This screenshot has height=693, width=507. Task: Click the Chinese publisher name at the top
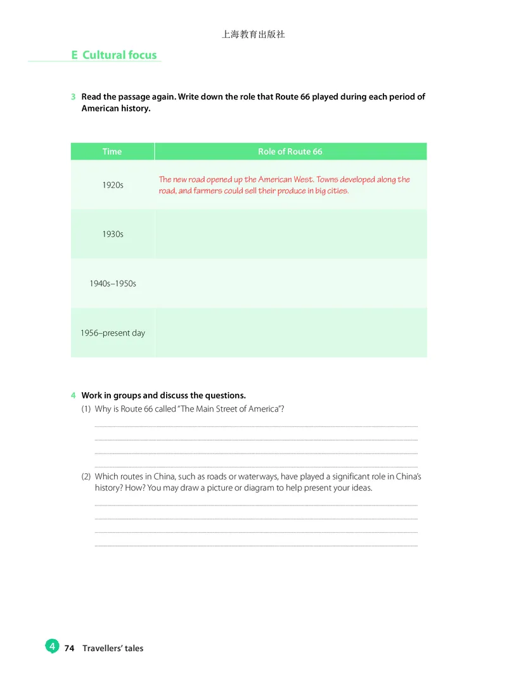click(253, 34)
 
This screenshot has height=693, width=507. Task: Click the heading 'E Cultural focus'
click(114, 55)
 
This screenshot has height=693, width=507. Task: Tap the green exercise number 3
click(74, 97)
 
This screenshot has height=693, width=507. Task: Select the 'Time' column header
click(112, 151)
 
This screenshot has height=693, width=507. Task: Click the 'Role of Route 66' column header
click(290, 151)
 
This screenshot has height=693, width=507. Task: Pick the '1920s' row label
click(113, 185)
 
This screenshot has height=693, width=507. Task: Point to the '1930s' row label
click(113, 234)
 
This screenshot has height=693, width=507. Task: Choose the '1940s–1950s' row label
click(113, 284)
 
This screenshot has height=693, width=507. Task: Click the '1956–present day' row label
click(113, 333)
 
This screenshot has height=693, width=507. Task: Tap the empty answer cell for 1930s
click(290, 234)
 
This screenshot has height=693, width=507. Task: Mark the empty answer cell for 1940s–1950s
click(290, 284)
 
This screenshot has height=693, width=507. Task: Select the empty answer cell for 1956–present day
click(290, 333)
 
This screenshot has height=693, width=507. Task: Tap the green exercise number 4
click(74, 396)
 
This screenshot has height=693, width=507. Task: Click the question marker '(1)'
click(87, 409)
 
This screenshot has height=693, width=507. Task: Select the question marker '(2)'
click(87, 476)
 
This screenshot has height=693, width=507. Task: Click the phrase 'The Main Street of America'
click(231, 409)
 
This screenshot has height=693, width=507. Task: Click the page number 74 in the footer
click(70, 649)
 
